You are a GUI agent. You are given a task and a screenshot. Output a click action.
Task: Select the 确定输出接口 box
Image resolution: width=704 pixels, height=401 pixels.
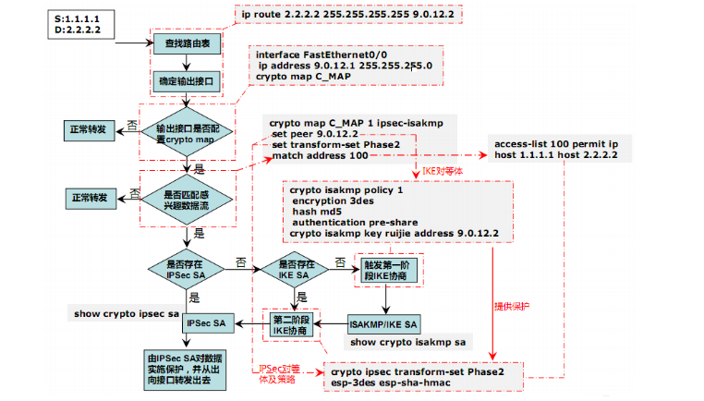coord(188,81)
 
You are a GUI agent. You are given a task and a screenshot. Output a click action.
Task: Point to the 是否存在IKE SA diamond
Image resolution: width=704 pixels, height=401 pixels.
coord(294,269)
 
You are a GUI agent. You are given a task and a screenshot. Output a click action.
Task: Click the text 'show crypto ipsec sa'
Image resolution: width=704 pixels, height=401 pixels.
coord(127,314)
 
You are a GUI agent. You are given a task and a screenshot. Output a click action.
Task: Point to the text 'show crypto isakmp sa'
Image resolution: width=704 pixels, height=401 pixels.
coord(407,343)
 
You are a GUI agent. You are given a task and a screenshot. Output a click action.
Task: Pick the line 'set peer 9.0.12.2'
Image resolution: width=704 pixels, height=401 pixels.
coord(314,134)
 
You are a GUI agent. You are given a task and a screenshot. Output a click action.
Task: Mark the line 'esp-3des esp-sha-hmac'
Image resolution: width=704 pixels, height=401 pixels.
coord(388,383)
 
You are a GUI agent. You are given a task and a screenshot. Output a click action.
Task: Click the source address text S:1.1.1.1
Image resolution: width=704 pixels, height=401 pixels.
coord(82,18)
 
